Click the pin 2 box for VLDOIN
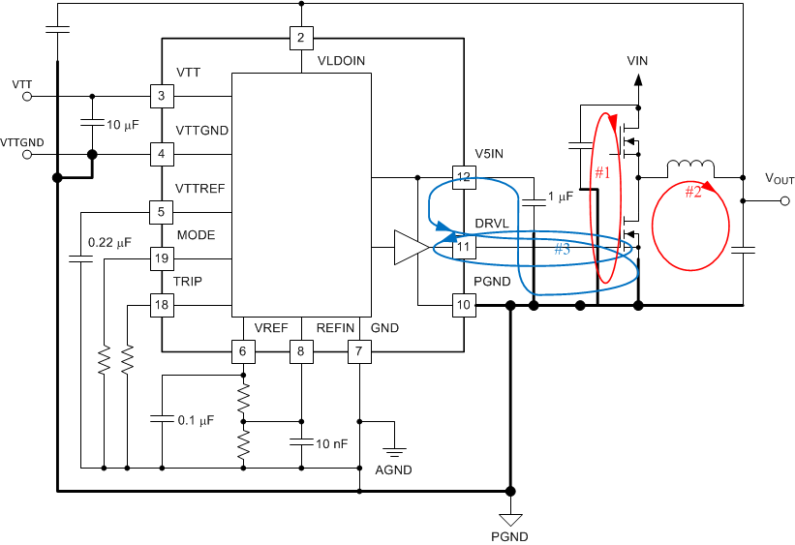301,39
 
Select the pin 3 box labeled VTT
161,96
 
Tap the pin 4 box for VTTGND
161,153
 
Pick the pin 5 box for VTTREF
161,211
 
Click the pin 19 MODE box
161,258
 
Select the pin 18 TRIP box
161,306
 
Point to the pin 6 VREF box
243,351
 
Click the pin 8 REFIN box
301,351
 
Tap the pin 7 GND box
359,351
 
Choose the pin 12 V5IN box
464,177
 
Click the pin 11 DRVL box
464,248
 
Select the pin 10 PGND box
464,306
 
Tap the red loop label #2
693,192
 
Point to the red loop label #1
602,173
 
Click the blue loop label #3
563,250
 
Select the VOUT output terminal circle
784,201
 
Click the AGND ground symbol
393,451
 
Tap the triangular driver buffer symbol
411,248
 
